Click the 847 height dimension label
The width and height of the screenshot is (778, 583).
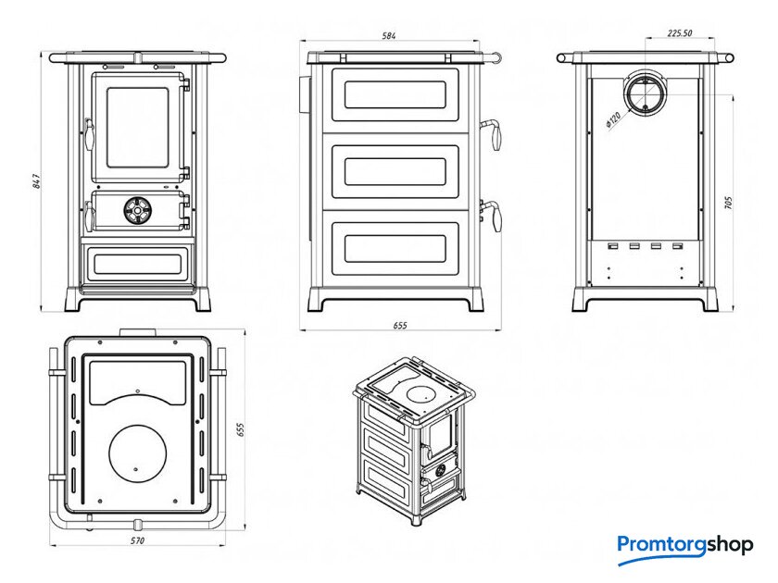(36, 182)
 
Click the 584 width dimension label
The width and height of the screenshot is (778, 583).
(389, 36)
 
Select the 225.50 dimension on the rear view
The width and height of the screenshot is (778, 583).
(680, 33)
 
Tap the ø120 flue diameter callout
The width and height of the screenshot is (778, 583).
(612, 118)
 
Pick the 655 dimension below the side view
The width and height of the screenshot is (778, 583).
(400, 326)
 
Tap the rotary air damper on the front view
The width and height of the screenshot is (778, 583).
(137, 211)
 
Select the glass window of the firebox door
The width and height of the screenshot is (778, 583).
(138, 128)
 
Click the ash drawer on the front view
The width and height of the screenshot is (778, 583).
(137, 263)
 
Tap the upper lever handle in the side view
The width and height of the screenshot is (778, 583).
(496, 134)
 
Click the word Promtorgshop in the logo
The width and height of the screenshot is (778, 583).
(685, 545)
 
